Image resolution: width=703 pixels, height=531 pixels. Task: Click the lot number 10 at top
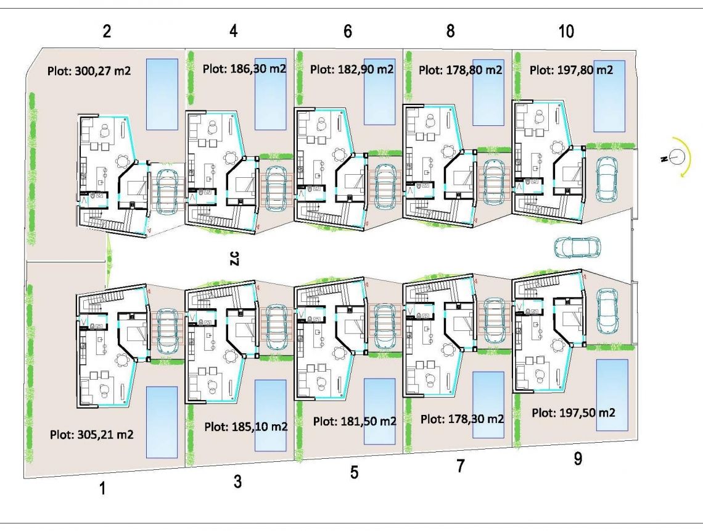566,31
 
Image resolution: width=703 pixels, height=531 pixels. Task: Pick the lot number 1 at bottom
103,488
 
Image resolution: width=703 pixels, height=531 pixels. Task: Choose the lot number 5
354,472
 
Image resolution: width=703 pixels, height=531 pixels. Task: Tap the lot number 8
450,31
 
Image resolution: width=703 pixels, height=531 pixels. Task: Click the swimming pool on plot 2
162,94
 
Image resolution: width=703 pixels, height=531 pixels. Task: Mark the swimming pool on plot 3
270,415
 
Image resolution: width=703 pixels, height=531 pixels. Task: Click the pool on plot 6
379,91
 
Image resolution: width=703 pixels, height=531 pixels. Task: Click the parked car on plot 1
166,330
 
